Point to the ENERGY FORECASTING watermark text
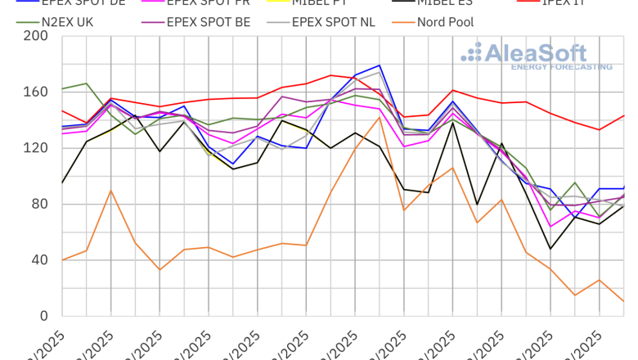tap(561, 67)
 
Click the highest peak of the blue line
tap(380, 65)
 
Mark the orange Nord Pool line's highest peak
tap(380, 117)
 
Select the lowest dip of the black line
tap(550, 249)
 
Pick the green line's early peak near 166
tap(87, 83)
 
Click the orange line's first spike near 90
tap(110, 191)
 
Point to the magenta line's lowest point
tap(550, 227)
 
